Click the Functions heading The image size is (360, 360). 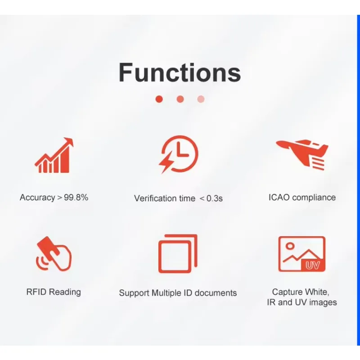pyautogui.click(x=180, y=72)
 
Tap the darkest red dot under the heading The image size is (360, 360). pyautogui.click(x=159, y=99)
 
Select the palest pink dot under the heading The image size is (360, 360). pyautogui.click(x=201, y=99)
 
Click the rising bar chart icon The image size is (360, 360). pyautogui.click(x=54, y=155)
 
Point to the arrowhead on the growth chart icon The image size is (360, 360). pyautogui.click(x=69, y=141)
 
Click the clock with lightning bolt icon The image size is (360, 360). pyautogui.click(x=178, y=154)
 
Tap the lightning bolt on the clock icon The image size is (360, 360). pyautogui.click(x=166, y=162)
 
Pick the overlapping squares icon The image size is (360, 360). pyautogui.click(x=178, y=254)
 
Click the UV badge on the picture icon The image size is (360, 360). pyautogui.click(x=313, y=265)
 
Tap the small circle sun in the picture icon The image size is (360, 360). pyautogui.click(x=290, y=246)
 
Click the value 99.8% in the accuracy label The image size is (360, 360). pyautogui.click(x=76, y=197)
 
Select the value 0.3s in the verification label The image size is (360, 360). pyautogui.click(x=215, y=198)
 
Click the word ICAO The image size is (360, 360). pyautogui.click(x=279, y=197)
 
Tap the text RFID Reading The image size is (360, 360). pyautogui.click(x=54, y=292)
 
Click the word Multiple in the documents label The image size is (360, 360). pyautogui.click(x=166, y=293)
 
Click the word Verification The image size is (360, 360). pyautogui.click(x=165, y=198)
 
